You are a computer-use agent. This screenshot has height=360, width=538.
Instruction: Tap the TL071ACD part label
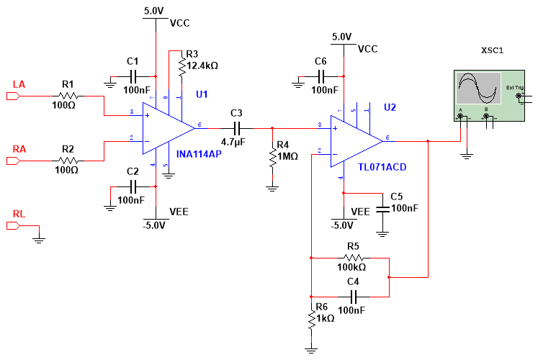point(383,167)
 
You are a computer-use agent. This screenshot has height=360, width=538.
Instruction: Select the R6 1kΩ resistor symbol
point(311,320)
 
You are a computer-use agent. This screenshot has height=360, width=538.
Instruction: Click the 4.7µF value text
point(234,143)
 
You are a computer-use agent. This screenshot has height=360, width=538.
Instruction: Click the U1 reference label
point(202,94)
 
